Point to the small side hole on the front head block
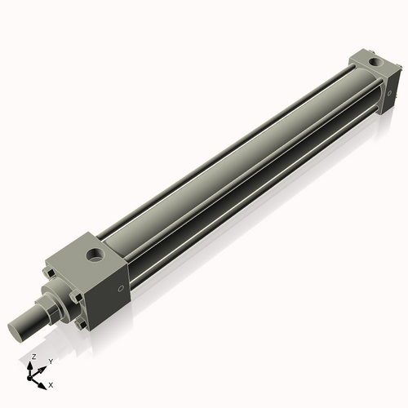(122, 287)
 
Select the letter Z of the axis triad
(33, 357)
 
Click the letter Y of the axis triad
(51, 361)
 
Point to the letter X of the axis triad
(51, 384)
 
